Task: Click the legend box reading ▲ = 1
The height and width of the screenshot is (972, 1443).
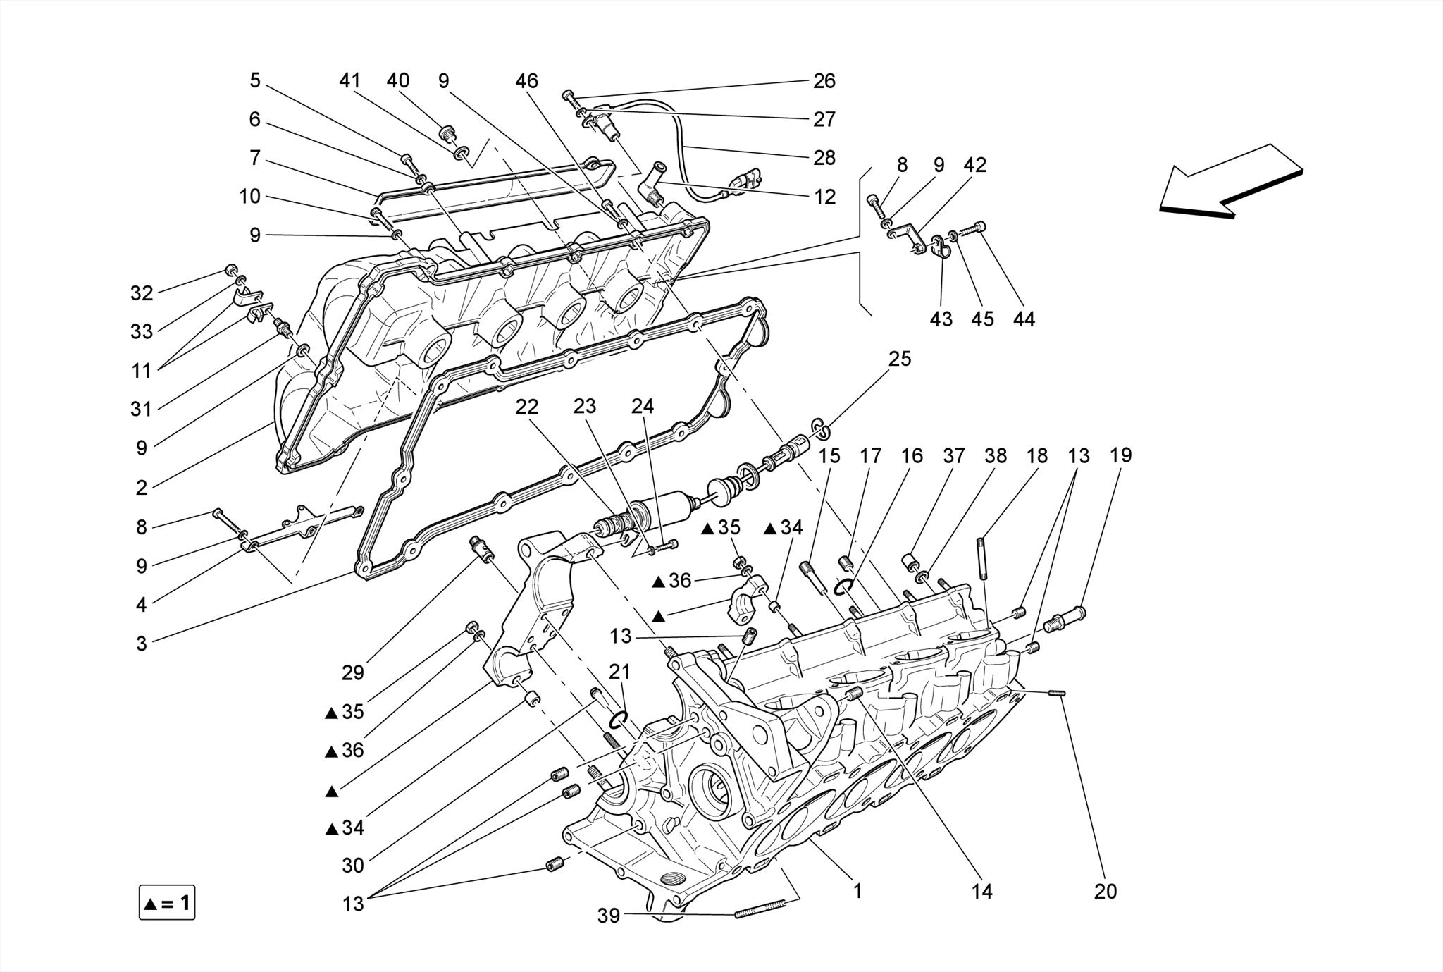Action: (x=167, y=903)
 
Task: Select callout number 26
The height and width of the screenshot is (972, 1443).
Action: (x=824, y=81)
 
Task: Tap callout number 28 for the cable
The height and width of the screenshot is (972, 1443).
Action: (x=824, y=158)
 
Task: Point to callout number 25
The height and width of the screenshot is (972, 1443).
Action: (x=899, y=359)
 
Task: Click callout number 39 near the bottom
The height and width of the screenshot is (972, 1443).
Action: (x=609, y=916)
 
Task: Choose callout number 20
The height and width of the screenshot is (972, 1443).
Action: (x=1106, y=892)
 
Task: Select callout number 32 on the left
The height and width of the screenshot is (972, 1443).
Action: (x=142, y=293)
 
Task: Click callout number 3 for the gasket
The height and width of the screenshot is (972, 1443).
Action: (x=142, y=644)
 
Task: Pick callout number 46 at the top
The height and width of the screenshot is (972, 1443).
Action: (x=526, y=81)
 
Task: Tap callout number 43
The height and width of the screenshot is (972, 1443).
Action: (x=941, y=319)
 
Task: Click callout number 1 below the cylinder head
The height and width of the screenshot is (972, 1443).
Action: (x=857, y=891)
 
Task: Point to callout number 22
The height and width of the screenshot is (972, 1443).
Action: (x=526, y=407)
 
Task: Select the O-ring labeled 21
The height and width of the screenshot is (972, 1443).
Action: (x=618, y=719)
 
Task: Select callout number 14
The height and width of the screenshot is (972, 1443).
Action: (x=981, y=892)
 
